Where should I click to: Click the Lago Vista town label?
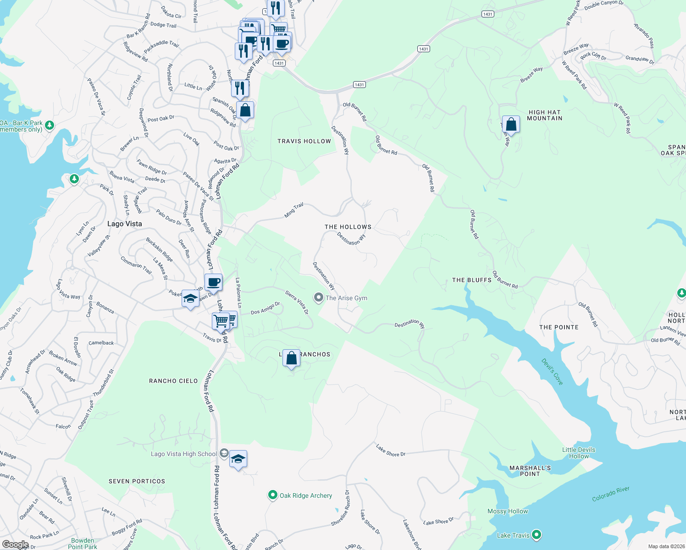click(124, 224)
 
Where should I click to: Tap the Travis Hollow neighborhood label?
click(304, 141)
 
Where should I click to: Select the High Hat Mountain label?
click(544, 115)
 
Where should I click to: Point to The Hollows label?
click(348, 227)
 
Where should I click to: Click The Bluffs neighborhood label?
click(472, 280)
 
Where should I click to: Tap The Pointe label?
click(559, 327)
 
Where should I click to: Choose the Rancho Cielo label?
click(173, 381)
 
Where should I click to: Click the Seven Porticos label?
click(137, 481)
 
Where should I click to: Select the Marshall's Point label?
click(530, 471)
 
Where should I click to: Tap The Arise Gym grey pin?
click(318, 298)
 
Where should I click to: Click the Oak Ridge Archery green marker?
click(272, 495)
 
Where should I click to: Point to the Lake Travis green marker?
click(536, 535)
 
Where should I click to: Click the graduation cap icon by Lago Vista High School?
click(238, 459)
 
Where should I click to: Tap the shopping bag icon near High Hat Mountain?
click(511, 124)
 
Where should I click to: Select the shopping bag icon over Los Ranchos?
click(291, 358)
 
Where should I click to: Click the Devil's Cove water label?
click(552, 371)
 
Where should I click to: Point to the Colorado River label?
click(610, 494)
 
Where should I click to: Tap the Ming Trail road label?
click(294, 210)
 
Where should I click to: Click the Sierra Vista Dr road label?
click(297, 302)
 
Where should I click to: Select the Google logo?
click(15, 544)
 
